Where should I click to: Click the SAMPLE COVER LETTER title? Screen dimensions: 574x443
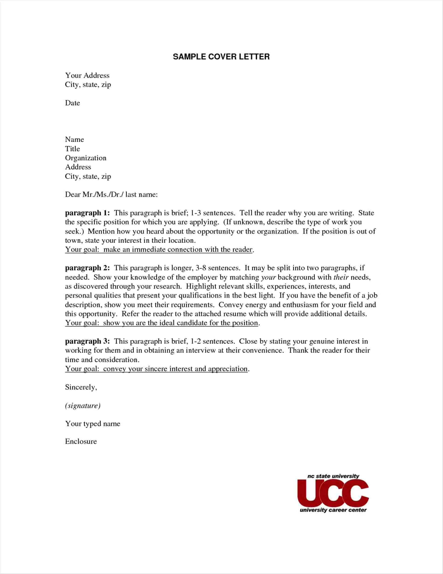click(221, 57)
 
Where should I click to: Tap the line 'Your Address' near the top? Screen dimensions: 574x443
click(87, 76)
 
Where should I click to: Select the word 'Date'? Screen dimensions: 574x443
click(73, 103)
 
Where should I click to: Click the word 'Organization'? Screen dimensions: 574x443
click(86, 158)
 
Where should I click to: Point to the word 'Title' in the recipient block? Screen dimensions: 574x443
click(73, 149)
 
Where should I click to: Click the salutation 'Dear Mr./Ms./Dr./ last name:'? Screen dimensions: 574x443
click(111, 195)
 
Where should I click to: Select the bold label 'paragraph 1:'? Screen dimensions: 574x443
click(87, 213)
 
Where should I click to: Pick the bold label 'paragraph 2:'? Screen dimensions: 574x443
click(87, 268)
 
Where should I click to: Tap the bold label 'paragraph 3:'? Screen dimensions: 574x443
click(87, 341)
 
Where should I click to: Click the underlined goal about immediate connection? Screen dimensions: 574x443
click(159, 249)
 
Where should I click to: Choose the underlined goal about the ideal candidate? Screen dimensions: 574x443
click(162, 323)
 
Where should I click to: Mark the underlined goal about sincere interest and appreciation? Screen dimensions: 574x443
click(156, 369)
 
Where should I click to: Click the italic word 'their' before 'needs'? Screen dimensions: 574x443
click(341, 277)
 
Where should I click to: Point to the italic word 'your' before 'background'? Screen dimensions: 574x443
click(268, 277)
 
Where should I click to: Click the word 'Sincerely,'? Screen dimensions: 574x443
click(81, 387)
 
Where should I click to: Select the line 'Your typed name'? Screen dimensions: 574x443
click(93, 424)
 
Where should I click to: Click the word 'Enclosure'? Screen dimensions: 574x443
click(81, 441)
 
